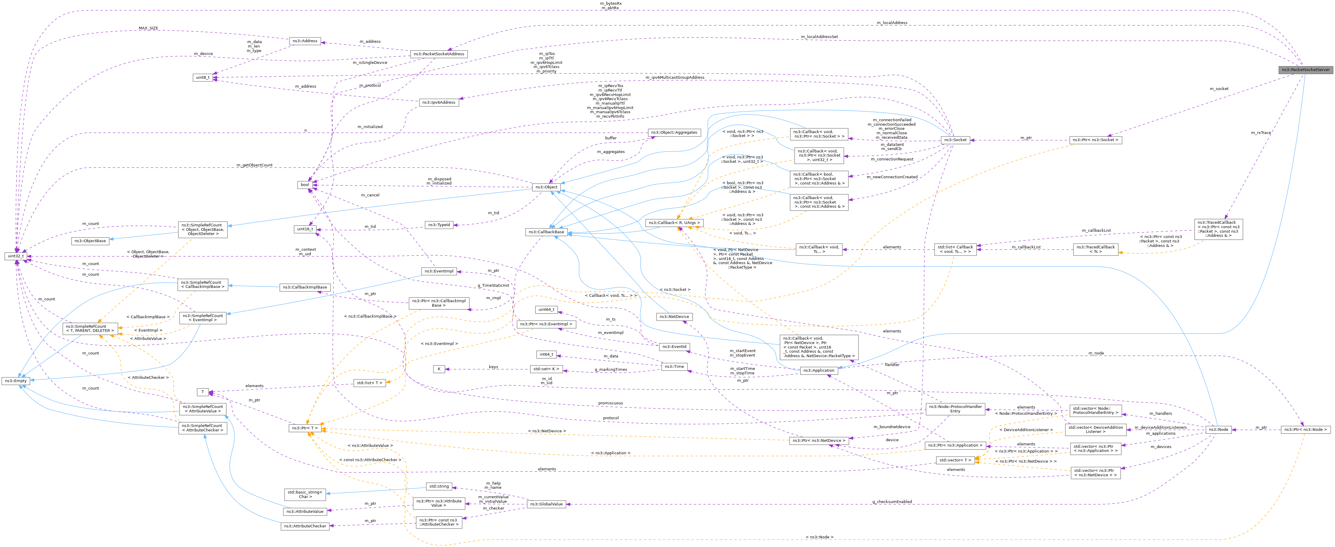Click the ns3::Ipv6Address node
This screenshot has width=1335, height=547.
point(438,103)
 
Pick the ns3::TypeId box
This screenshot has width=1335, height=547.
point(438,225)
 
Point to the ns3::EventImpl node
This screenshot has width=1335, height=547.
point(438,271)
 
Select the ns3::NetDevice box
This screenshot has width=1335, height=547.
point(674,316)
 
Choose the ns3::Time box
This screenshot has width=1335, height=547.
point(674,367)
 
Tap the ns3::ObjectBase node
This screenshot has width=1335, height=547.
point(90,241)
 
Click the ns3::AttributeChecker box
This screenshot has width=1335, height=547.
point(305,526)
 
